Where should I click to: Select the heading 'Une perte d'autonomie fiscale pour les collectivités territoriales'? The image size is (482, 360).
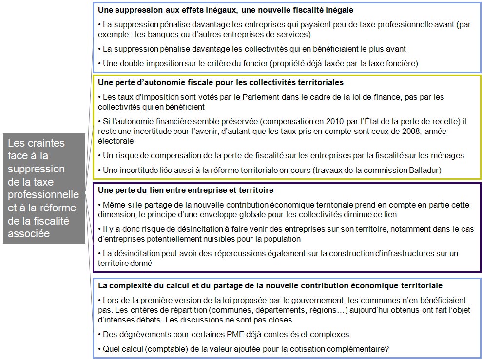(x=221, y=82)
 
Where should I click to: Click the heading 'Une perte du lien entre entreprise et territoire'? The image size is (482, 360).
(x=186, y=189)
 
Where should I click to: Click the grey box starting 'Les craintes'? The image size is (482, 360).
(x=43, y=188)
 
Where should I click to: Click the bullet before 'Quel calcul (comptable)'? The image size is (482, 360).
(x=99, y=349)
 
